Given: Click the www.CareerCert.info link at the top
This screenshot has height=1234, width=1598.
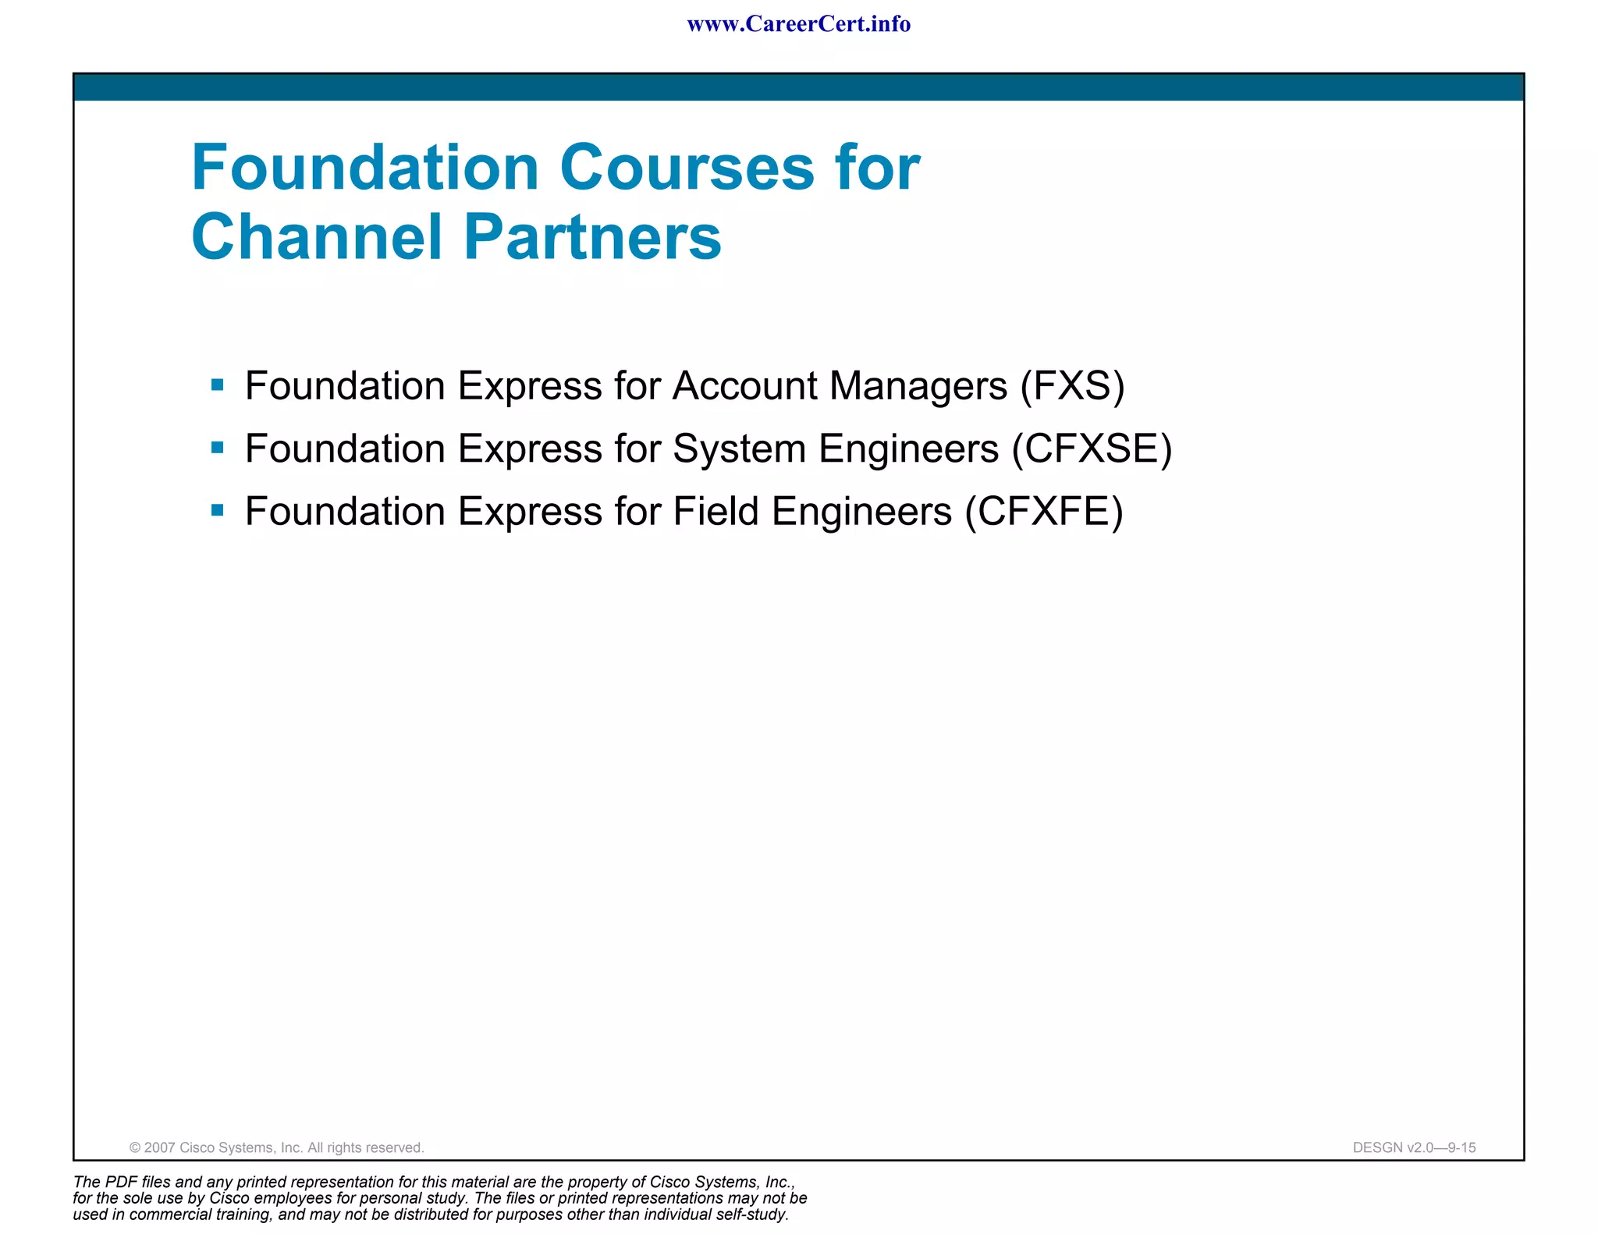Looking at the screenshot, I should (x=798, y=24).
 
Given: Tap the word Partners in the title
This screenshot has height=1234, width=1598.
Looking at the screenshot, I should (x=593, y=237).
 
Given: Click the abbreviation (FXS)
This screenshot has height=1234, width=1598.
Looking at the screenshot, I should (x=1072, y=386).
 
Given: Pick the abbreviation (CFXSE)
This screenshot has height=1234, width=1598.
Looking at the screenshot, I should (x=1092, y=449).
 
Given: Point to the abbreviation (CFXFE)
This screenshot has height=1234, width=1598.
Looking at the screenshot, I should (x=1044, y=512).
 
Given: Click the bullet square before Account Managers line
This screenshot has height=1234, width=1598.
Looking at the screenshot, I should (x=218, y=385).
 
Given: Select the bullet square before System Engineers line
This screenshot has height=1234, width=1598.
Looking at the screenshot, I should (x=218, y=448).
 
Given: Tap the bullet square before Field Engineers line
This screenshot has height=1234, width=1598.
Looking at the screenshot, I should (x=218, y=511).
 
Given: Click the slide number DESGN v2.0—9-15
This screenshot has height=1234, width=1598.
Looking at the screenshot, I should (x=1414, y=1147).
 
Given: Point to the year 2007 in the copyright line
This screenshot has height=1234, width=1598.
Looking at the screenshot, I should (x=160, y=1147).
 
